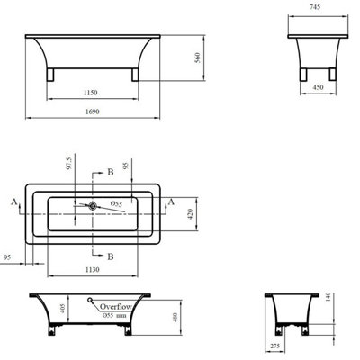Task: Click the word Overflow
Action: (x=116, y=306)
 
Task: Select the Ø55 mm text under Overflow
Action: (x=117, y=316)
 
